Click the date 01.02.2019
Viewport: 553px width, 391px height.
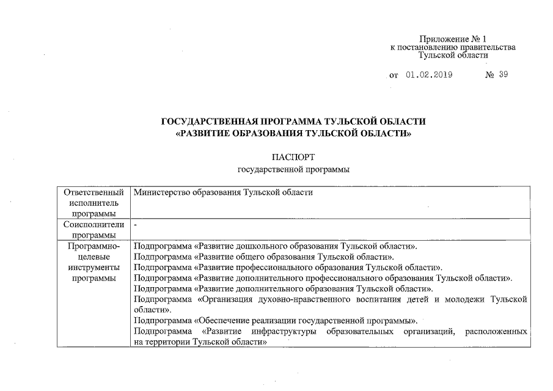(427, 76)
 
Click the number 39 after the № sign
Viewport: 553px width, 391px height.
(502, 75)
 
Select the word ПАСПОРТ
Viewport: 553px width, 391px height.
(293, 157)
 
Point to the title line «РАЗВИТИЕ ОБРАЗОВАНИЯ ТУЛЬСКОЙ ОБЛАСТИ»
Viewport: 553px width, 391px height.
(293, 133)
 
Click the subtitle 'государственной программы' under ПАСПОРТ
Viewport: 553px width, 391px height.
(293, 169)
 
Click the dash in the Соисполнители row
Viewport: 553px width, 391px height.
(136, 225)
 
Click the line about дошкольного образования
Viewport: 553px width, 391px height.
(276, 246)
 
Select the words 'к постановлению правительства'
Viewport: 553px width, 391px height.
(453, 47)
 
